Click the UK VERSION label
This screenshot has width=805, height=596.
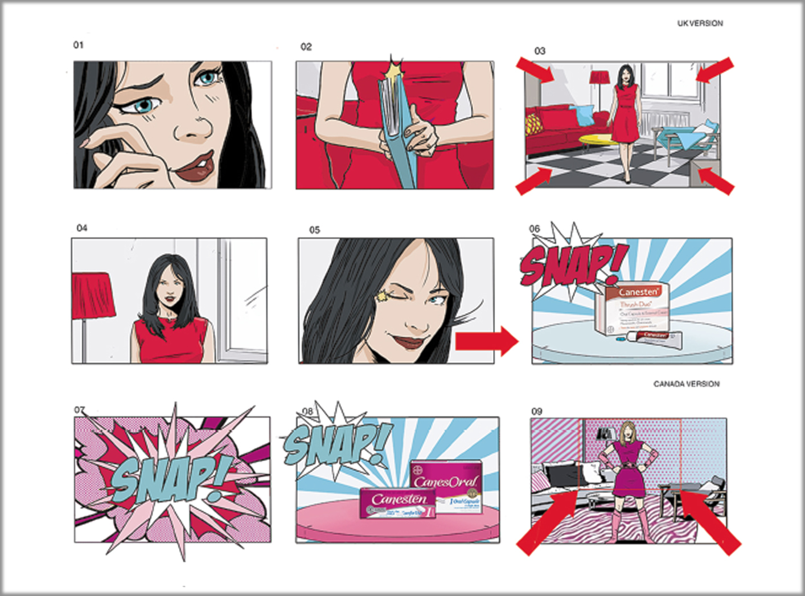coord(700,23)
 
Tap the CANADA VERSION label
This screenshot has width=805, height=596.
coord(686,384)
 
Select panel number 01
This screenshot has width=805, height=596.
coord(78,45)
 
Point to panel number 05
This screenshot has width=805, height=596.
coord(314,230)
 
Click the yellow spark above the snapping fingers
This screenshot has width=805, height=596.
coord(392,71)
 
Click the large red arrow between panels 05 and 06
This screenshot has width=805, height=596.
coord(486,341)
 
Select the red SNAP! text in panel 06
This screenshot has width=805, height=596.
coord(572,263)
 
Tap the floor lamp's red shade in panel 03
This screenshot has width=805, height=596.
coord(599,77)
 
